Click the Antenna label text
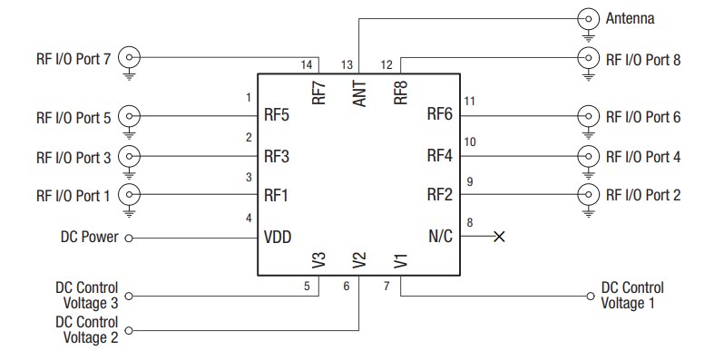630,18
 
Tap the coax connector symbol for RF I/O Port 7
132,58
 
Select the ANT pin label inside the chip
359,93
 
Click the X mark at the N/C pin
498,237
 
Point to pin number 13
347,64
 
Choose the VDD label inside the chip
277,237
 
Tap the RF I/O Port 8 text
642,60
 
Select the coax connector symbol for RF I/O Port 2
589,193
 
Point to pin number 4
249,218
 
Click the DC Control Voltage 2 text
86,330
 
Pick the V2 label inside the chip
359,261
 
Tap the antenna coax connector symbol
589,18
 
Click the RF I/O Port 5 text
73,117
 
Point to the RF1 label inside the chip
277,195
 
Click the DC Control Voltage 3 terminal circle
128,295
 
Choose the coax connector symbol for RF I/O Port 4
589,155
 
